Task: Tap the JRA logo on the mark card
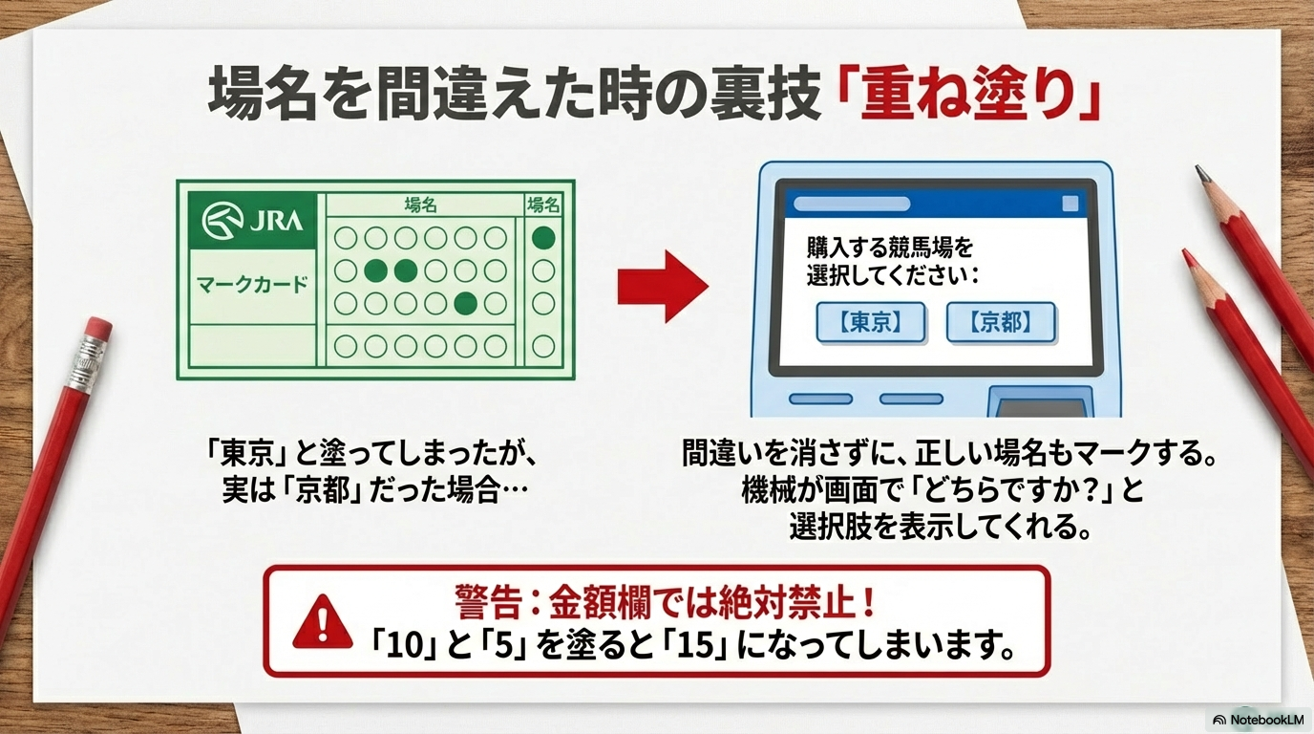click(253, 220)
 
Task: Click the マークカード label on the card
click(252, 285)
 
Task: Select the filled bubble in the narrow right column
click(543, 238)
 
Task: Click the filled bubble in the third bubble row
click(466, 303)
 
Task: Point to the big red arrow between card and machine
click(663, 286)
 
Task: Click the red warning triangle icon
click(323, 621)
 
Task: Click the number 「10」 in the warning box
click(407, 646)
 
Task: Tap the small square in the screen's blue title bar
click(1070, 204)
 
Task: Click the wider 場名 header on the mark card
click(420, 205)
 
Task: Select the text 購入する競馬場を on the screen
click(889, 248)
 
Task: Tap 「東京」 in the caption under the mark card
click(245, 453)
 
